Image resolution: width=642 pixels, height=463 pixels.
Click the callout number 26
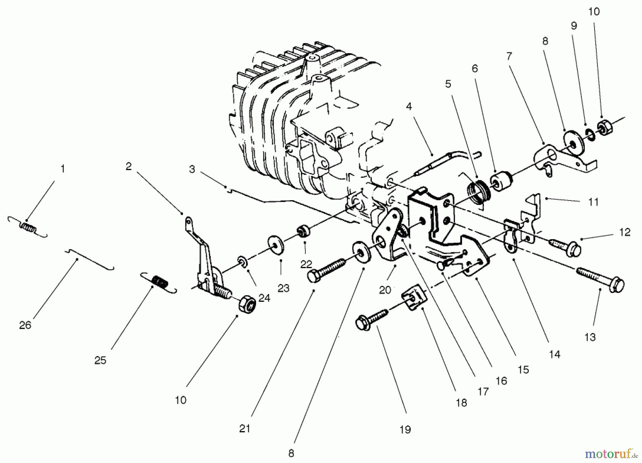click(x=25, y=325)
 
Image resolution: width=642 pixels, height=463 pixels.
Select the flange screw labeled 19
click(x=371, y=319)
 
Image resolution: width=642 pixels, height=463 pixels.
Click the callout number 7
click(x=509, y=56)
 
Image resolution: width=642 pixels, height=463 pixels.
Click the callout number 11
click(x=593, y=202)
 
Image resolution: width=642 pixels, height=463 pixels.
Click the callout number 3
click(x=192, y=169)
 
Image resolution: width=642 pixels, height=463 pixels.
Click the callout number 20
click(x=385, y=290)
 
